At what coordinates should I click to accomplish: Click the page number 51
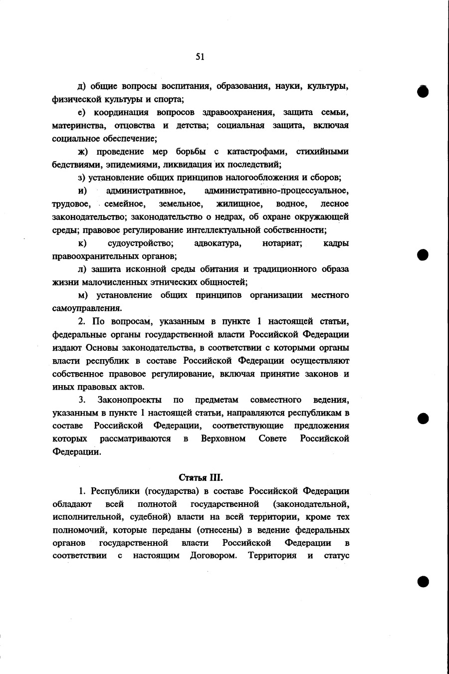coord(200,57)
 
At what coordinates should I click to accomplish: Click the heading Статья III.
coord(197,477)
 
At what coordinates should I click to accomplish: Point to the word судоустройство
coord(140,243)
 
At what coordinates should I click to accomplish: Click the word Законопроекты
coord(129,400)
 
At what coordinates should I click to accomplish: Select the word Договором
coord(213,555)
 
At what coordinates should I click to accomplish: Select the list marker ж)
coord(83,152)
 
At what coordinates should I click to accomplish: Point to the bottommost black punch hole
coord(423,581)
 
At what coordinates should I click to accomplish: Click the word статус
coord(337,555)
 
